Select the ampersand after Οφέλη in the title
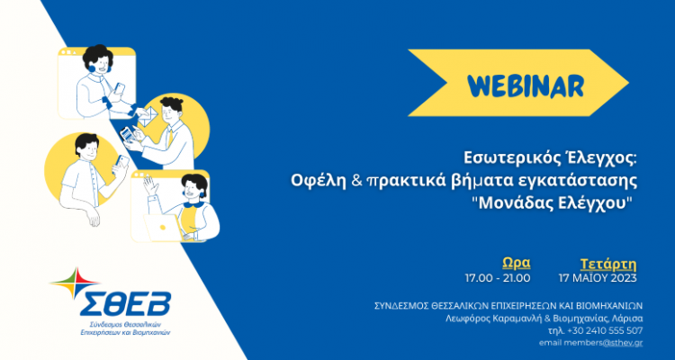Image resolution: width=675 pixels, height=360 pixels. tap(355, 180)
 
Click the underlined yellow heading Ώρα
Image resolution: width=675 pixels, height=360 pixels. tap(517, 263)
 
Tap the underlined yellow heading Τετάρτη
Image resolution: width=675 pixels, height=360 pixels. tap(608, 264)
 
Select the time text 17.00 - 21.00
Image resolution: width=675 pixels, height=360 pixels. tap(497, 278)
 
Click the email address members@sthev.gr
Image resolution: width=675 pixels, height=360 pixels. tap(614, 343)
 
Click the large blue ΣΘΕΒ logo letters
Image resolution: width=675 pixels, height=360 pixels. tap(125, 303)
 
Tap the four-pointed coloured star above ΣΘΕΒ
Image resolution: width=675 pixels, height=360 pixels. tap(76, 283)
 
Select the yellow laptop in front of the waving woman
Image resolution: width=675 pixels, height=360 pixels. tap(162, 228)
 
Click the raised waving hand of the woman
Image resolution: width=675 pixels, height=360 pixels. tap(151, 184)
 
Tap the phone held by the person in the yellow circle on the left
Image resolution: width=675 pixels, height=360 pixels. tap(122, 163)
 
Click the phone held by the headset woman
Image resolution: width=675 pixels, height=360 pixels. tap(119, 89)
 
